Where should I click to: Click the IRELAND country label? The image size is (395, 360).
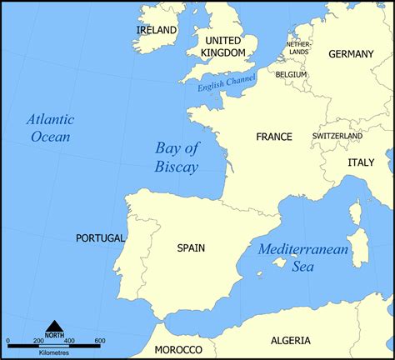point(157,30)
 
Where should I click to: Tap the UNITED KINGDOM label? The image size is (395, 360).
point(223,47)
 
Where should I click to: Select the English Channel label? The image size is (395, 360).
point(226,82)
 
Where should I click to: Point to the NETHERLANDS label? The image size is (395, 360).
point(297,48)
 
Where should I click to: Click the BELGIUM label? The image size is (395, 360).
point(292,74)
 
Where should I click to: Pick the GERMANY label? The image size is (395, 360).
point(352,54)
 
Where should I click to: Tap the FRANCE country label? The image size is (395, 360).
point(274,137)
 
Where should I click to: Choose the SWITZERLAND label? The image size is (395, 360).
point(337,136)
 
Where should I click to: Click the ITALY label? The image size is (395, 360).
point(361,162)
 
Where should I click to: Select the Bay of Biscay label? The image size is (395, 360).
point(177,157)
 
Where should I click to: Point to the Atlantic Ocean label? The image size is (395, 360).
point(50,127)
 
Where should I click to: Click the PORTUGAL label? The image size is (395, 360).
point(100,238)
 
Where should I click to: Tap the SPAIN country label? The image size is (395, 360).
point(191,247)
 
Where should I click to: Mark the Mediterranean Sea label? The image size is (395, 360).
point(297,257)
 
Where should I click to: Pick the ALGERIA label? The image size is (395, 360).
point(291,340)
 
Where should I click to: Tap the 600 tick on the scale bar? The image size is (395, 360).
point(99,341)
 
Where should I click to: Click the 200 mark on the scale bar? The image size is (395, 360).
point(38,341)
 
